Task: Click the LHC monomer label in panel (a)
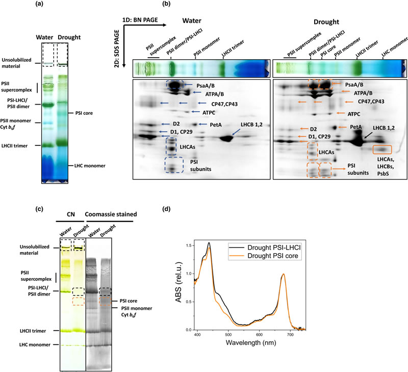click(86, 165)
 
